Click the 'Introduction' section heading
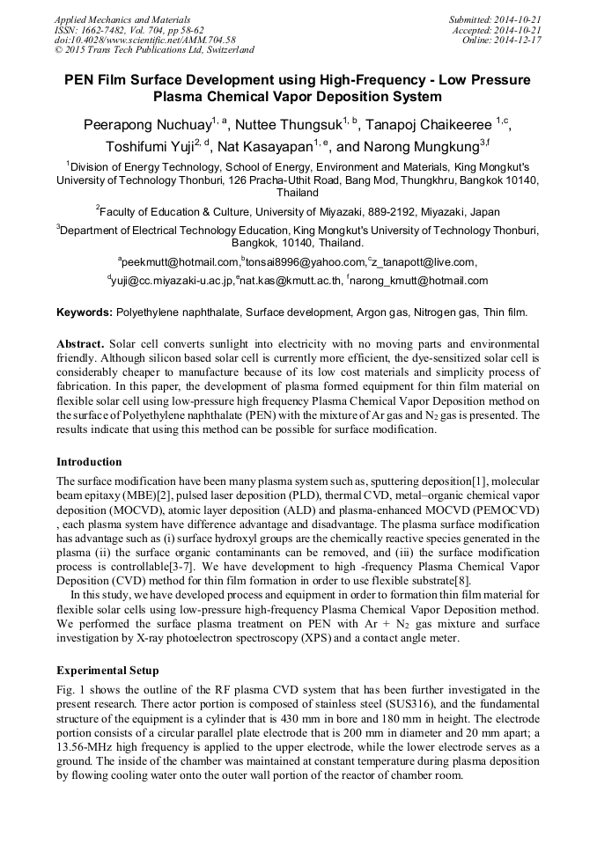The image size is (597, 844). [x=89, y=461]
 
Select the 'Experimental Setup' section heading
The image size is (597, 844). [x=107, y=670]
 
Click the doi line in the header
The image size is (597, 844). [x=144, y=40]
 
